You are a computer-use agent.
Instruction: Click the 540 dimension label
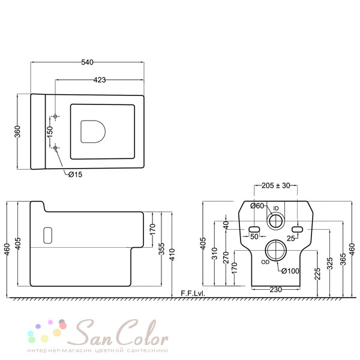87,62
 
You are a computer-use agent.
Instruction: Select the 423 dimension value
100,80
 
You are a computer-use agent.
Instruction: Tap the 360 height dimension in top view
17,131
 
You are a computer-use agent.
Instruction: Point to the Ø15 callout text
76,175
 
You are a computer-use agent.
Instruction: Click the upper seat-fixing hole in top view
55,116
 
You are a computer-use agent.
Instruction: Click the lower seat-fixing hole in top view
55,148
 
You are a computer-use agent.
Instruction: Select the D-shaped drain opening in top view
93,131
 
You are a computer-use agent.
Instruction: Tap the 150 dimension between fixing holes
50,132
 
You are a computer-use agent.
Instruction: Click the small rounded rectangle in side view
48,235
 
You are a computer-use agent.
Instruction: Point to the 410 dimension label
173,254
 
